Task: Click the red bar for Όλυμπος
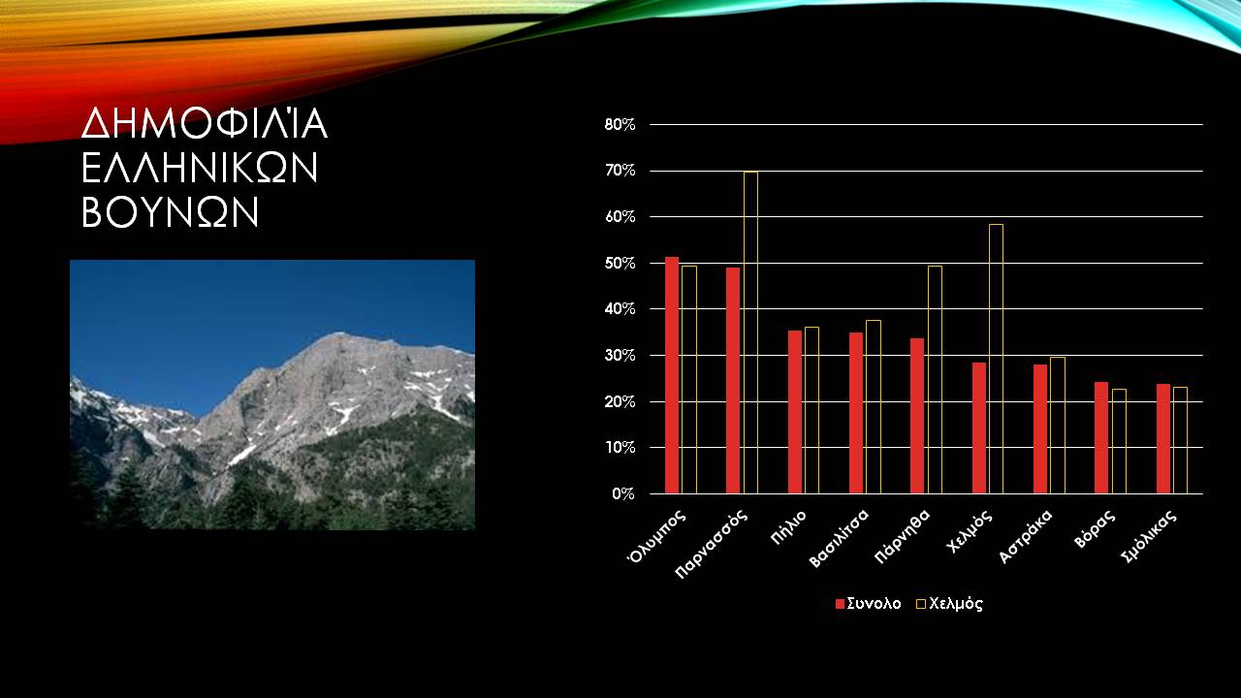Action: [672, 375]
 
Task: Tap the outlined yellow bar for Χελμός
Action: [996, 359]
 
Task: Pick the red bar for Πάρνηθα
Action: [917, 416]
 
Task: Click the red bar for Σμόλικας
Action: [1163, 439]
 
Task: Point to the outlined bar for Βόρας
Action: [1119, 441]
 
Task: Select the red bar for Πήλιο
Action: [795, 412]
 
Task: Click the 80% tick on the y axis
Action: [620, 125]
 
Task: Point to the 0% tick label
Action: [623, 493]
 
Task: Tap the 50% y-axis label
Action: [620, 263]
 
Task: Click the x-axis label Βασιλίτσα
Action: [839, 538]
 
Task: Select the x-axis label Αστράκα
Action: [1026, 537]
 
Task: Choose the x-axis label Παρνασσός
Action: [712, 544]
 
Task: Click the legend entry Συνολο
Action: [868, 603]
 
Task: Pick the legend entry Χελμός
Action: [949, 603]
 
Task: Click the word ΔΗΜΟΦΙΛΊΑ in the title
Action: [205, 123]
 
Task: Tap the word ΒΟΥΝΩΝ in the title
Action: [170, 211]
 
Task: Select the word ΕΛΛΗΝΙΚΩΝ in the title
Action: [200, 168]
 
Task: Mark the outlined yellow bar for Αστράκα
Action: [1057, 426]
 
